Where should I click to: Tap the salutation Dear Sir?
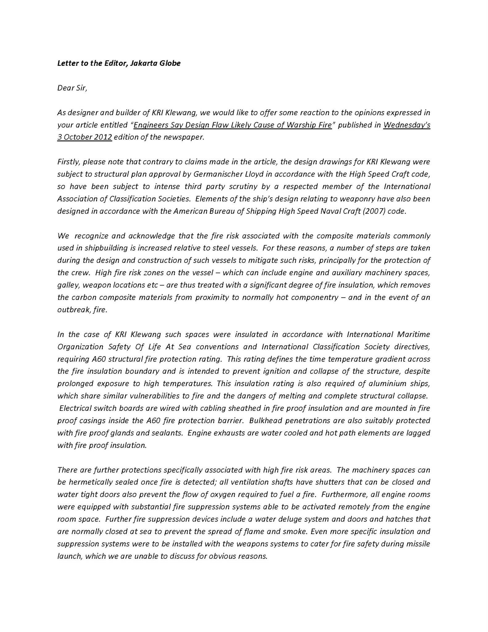(x=72, y=88)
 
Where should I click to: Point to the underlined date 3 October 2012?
(x=84, y=137)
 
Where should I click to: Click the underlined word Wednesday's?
(x=407, y=125)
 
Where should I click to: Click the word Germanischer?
(x=214, y=174)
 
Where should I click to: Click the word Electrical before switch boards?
(x=76, y=408)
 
